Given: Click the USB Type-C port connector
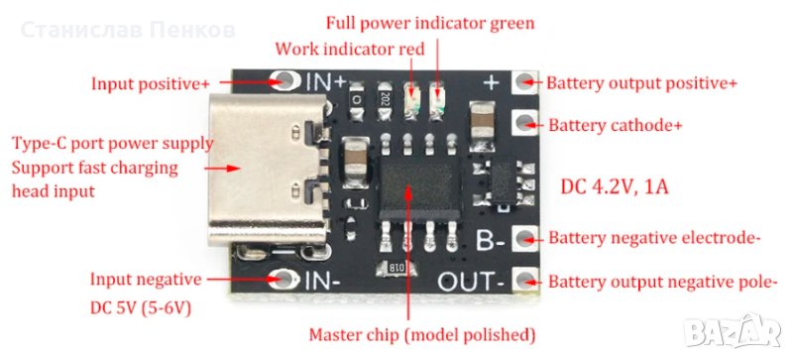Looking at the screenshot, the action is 268,170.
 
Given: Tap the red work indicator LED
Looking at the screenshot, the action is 412,101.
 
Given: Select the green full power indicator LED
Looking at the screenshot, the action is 437,101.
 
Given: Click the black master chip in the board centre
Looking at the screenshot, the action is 419,187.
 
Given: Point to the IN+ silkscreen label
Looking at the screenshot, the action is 326,81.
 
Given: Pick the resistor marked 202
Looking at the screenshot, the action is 386,101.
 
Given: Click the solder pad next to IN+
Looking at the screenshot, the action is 284,79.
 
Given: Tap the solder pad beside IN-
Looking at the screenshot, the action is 283,278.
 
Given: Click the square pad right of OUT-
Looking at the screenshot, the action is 525,280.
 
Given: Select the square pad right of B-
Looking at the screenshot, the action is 525,238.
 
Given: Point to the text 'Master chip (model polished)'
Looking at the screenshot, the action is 422,334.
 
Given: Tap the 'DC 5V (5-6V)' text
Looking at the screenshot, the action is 141,307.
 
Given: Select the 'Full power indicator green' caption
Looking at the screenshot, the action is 430,23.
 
